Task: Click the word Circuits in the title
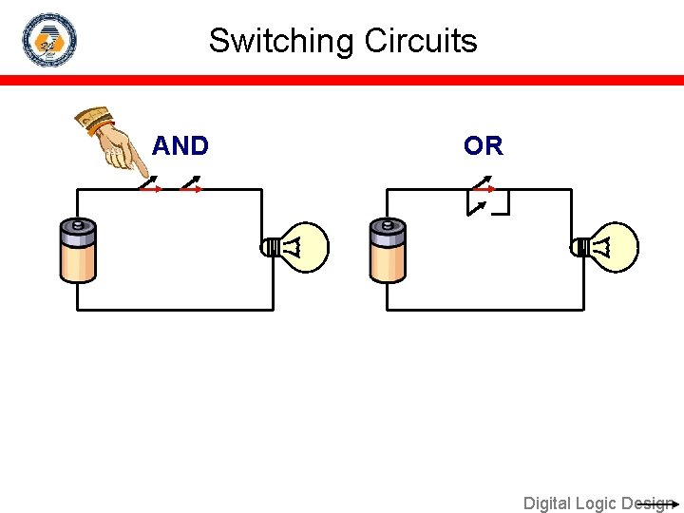point(421,41)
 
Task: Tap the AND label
point(180,146)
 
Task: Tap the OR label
point(484,146)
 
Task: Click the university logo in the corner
point(49,40)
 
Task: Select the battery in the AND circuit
point(78,251)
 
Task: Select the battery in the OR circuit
point(388,251)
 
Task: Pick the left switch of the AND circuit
point(150,184)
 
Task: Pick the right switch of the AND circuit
point(191,184)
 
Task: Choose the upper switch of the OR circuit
point(483,182)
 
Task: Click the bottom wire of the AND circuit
point(175,310)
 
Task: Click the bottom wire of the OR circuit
point(484,310)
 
